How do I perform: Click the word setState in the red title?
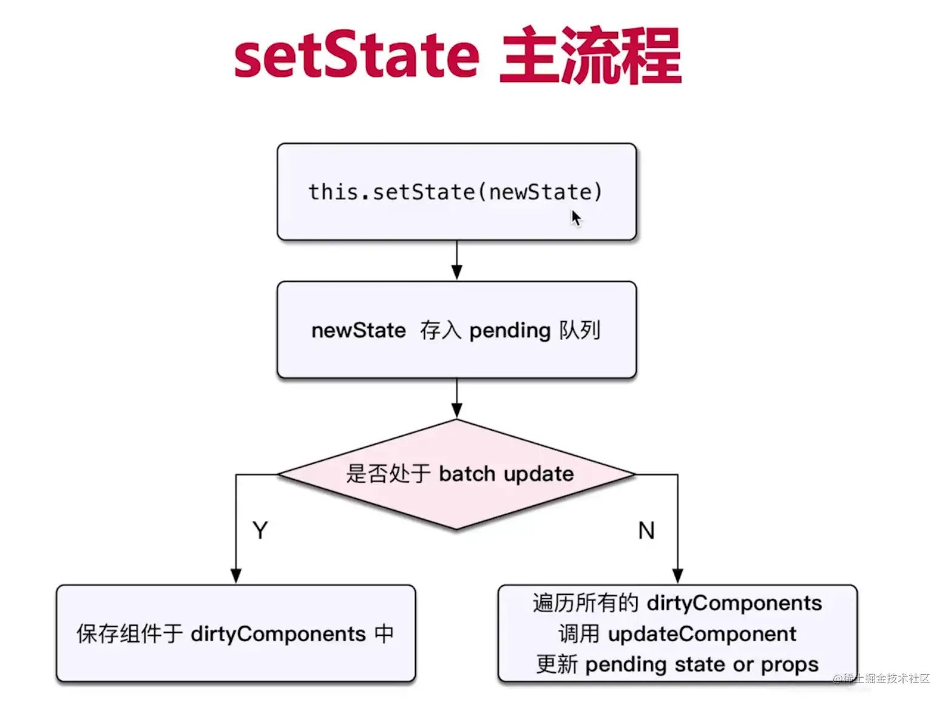click(357, 56)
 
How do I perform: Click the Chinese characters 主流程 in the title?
click(590, 56)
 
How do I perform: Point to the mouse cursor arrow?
click(575, 217)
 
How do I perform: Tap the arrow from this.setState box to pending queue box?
click(457, 261)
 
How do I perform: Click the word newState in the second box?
click(358, 330)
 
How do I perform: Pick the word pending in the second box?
click(510, 330)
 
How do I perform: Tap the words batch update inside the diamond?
click(506, 474)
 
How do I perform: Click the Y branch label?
click(260, 531)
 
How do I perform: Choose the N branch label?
click(646, 531)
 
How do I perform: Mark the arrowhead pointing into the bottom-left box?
click(236, 576)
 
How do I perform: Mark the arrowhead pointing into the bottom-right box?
click(678, 576)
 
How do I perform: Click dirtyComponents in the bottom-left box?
click(278, 634)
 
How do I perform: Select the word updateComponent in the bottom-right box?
click(702, 634)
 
